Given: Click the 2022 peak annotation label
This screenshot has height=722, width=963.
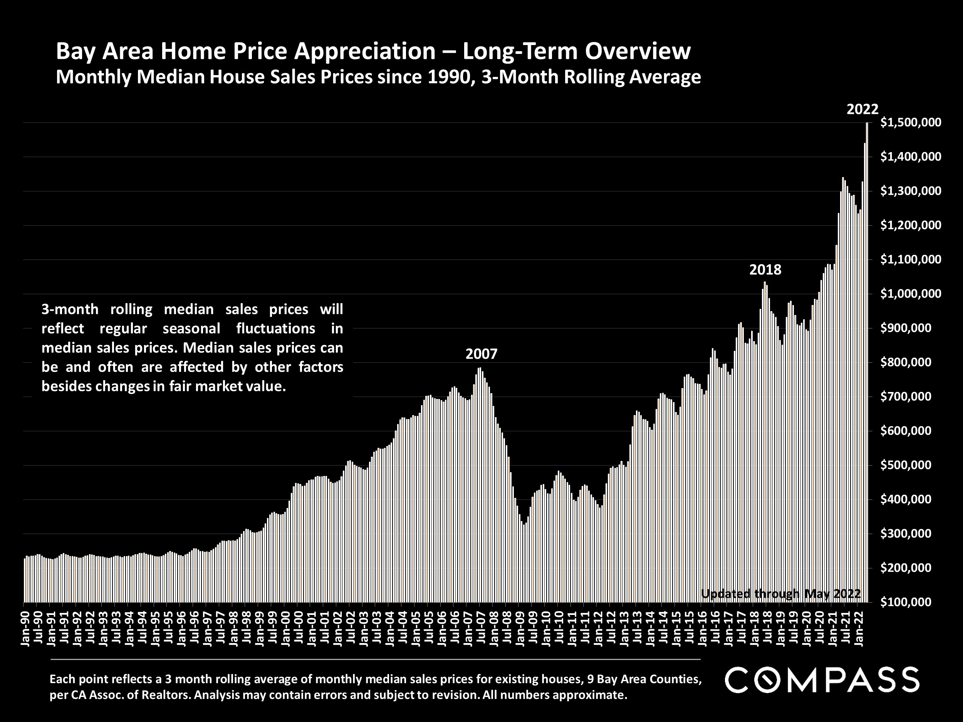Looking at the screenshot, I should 862,109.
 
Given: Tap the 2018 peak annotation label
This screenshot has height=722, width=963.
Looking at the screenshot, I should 765,270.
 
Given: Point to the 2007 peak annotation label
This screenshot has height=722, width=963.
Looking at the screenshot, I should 481,354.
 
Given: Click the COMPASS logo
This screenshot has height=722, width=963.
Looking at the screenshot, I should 822,680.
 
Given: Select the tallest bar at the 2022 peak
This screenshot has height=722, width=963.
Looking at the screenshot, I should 867,361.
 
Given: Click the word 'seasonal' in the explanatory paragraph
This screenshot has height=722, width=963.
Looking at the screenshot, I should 191,328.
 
